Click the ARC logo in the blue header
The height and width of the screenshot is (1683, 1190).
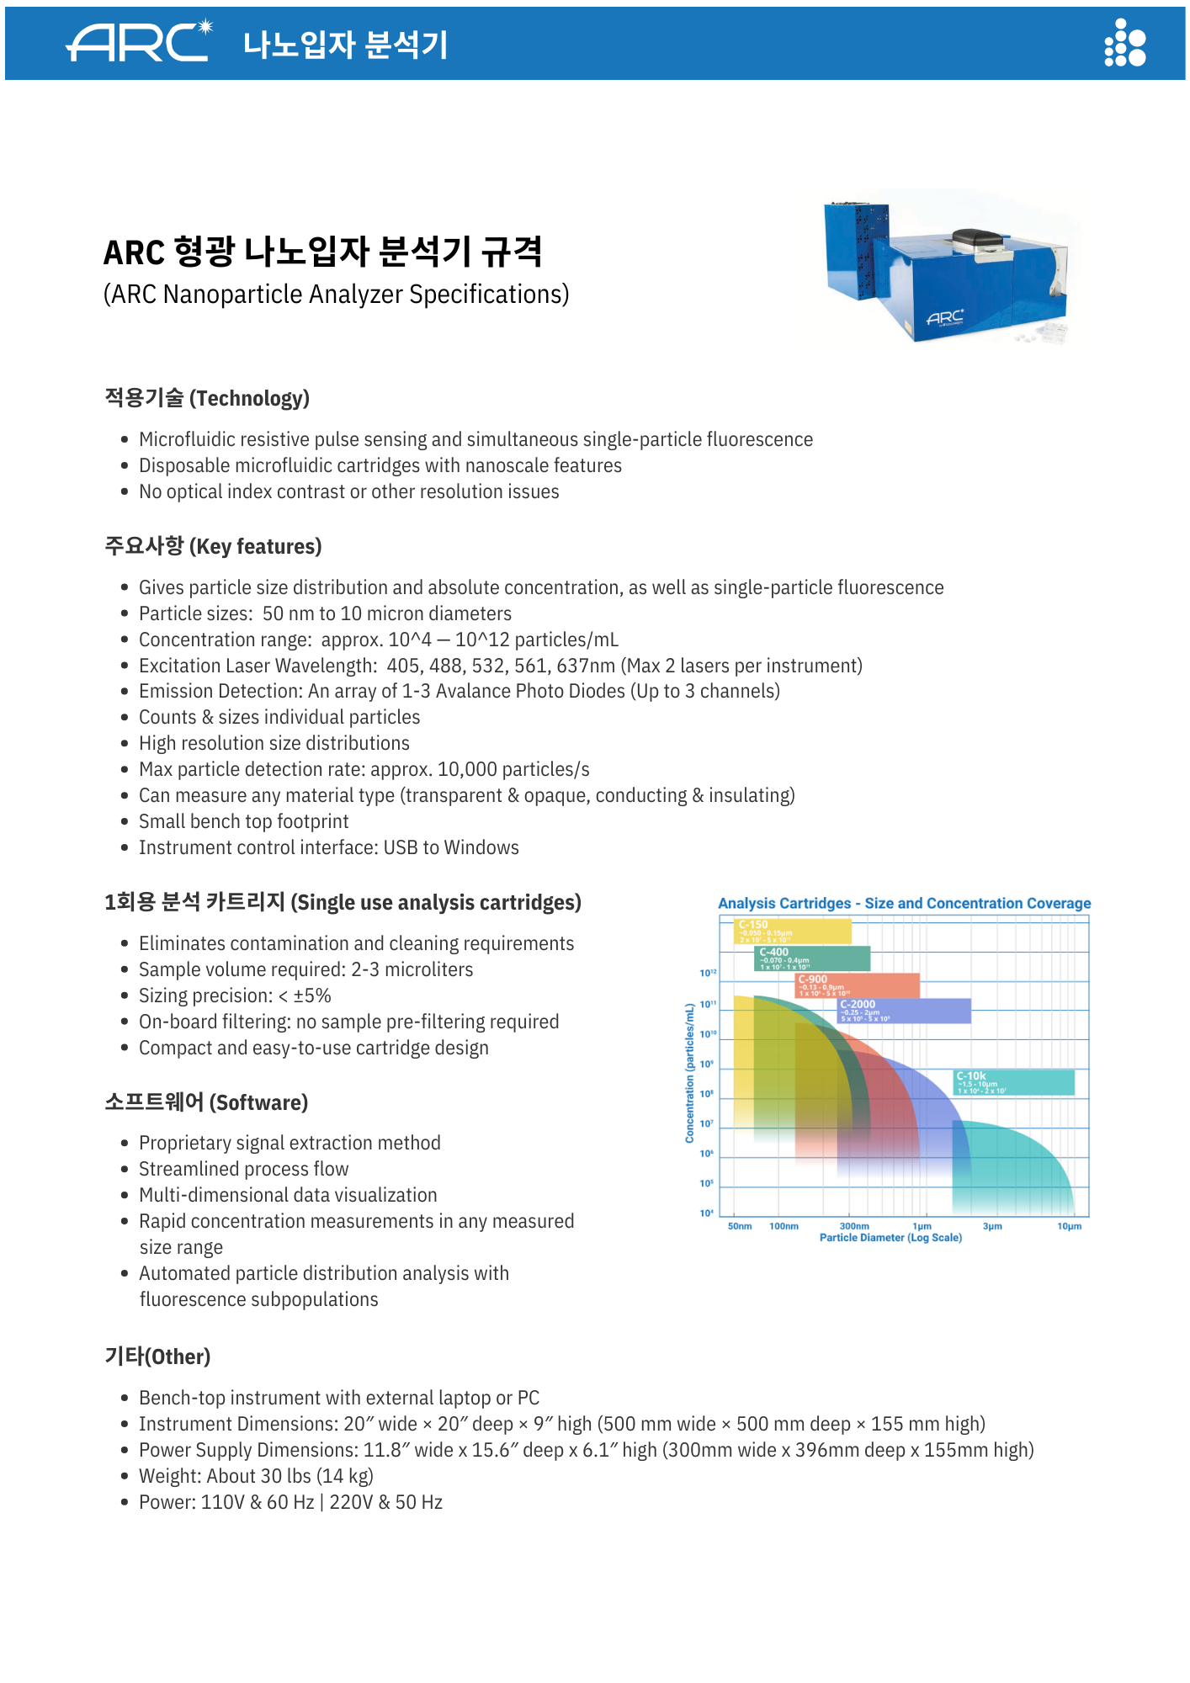coord(139,42)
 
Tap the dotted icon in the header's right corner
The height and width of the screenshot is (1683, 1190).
coord(1125,43)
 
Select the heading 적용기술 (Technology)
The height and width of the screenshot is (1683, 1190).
coord(207,398)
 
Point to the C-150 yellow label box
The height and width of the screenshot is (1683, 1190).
coord(792,931)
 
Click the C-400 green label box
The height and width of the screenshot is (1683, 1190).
coord(812,958)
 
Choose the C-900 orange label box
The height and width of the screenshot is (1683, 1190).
coord(858,985)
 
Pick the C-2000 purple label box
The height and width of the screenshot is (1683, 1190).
coord(905,1011)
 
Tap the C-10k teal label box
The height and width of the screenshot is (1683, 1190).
coord(1013,1082)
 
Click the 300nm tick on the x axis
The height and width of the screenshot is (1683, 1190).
coord(854,1226)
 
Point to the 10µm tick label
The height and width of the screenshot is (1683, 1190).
coord(1069,1226)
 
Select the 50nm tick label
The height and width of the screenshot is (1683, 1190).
coord(740,1226)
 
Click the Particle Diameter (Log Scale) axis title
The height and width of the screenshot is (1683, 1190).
coord(890,1238)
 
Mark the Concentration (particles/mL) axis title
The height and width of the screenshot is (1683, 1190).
coord(690,1072)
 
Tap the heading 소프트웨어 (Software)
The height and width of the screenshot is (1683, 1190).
coord(206,1102)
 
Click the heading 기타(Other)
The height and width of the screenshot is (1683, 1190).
coord(157,1356)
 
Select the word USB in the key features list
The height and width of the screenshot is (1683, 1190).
coord(401,847)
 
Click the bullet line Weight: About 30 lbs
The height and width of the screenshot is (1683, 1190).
coord(256,1476)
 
